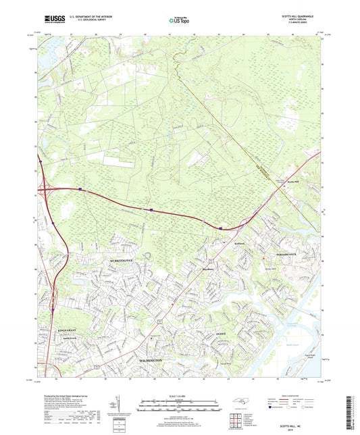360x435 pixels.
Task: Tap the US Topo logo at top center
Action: click(x=180, y=21)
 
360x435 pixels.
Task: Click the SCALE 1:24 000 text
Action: click(x=180, y=396)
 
